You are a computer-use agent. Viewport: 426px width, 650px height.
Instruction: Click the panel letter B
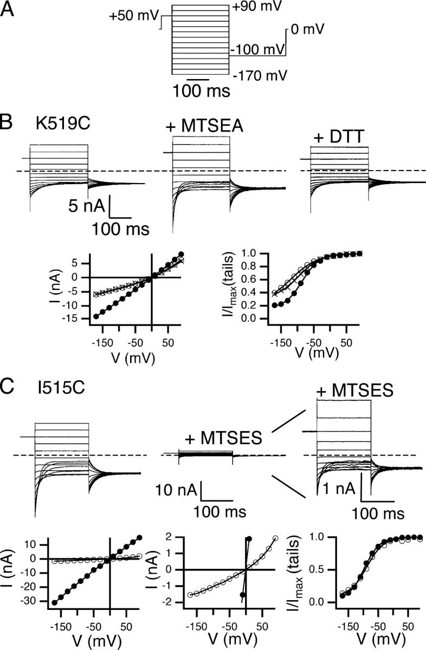pyautogui.click(x=10, y=121)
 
